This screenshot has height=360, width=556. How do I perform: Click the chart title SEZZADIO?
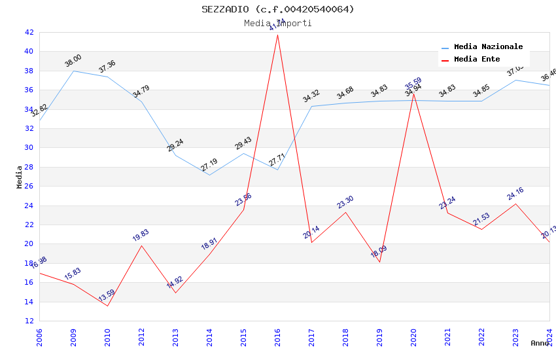click(x=278, y=9)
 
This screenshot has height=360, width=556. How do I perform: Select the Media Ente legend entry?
click(x=477, y=60)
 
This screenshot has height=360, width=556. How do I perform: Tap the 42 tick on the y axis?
click(x=29, y=32)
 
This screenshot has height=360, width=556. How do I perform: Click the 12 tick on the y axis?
click(x=29, y=321)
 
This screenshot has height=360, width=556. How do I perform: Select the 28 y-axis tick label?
click(x=29, y=167)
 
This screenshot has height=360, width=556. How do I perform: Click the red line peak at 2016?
click(x=278, y=34)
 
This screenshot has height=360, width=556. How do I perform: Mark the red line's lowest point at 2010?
click(x=108, y=306)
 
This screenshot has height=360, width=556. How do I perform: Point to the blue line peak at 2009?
click(x=74, y=71)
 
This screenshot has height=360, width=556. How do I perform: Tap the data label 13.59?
click(x=107, y=296)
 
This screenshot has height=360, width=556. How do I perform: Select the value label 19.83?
click(x=141, y=236)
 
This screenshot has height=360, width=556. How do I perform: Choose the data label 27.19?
click(x=209, y=165)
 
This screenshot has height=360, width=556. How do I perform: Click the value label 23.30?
click(x=345, y=202)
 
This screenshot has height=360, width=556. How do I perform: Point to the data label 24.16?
click(x=515, y=194)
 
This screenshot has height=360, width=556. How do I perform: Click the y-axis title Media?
click(x=20, y=177)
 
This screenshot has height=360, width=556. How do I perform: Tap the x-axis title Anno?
click(x=540, y=343)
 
